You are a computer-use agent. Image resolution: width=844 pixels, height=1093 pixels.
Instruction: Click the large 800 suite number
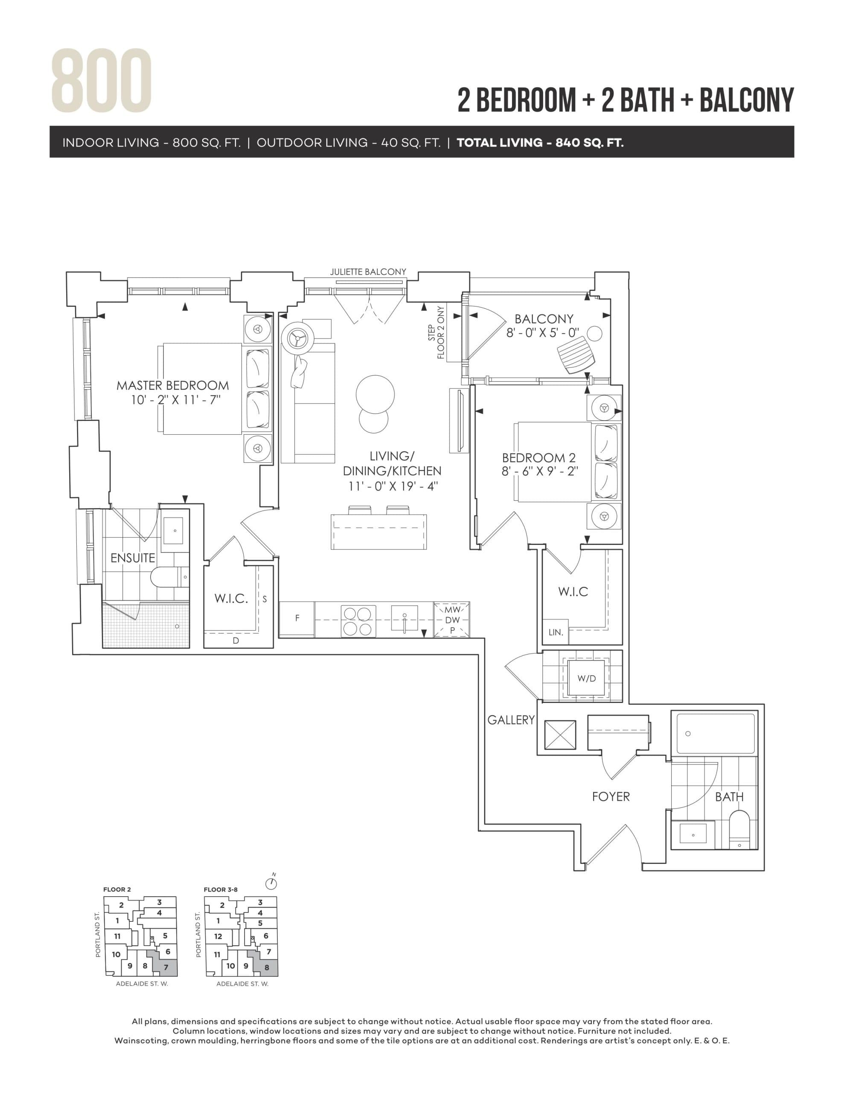click(x=102, y=81)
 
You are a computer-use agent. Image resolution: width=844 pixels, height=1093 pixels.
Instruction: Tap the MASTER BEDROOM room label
click(x=173, y=386)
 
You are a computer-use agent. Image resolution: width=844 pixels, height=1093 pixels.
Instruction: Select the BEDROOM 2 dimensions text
click(x=539, y=471)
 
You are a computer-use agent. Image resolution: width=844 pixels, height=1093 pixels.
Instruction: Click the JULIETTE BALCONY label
click(x=368, y=272)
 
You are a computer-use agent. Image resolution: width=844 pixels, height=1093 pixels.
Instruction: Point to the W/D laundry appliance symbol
click(x=586, y=678)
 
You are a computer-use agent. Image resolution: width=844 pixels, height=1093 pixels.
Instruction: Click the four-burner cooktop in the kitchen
click(x=358, y=621)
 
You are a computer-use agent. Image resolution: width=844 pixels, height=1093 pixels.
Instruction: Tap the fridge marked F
click(x=297, y=619)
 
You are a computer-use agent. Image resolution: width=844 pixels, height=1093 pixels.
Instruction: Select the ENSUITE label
click(x=133, y=558)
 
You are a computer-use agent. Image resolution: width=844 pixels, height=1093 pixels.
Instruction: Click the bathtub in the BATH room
click(x=716, y=734)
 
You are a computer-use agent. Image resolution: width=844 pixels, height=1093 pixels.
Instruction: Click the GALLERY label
click(x=511, y=720)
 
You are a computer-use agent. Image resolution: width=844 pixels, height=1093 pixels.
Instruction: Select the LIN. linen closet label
click(x=556, y=632)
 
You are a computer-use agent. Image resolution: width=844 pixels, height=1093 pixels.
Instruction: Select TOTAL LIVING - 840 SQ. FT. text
click(x=540, y=143)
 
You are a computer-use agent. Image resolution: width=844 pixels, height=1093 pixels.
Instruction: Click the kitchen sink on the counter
click(x=404, y=620)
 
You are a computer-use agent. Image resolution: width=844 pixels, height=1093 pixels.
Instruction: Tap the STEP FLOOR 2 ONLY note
click(x=436, y=332)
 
